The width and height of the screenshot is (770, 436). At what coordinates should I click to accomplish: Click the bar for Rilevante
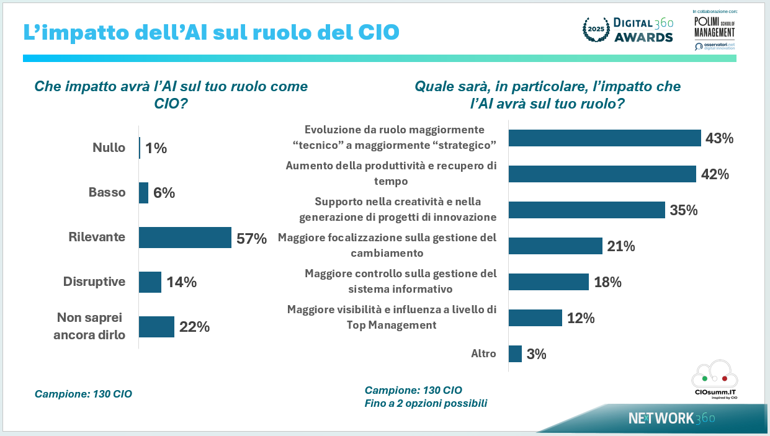(x=185, y=238)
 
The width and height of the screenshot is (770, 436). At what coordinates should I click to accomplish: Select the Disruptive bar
(x=150, y=282)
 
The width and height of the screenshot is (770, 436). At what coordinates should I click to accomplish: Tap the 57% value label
(x=251, y=238)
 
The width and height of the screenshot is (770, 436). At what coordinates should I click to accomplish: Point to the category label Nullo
(x=109, y=148)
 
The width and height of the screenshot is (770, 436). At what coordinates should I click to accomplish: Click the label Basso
(x=107, y=192)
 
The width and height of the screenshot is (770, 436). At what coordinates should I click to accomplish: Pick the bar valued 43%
(x=604, y=138)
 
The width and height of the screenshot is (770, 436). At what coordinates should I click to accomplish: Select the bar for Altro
(x=515, y=354)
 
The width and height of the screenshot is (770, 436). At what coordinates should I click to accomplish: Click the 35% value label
(x=684, y=210)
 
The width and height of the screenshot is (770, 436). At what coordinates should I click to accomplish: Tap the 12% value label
(x=581, y=318)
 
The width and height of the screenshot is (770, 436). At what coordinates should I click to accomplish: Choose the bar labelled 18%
(x=548, y=282)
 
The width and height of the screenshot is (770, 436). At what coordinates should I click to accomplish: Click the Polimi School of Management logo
(x=714, y=28)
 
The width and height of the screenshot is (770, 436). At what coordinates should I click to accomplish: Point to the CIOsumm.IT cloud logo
(x=714, y=378)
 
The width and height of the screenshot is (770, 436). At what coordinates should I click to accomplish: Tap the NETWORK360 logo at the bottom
(x=672, y=418)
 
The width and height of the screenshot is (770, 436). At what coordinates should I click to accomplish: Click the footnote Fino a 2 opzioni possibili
(x=426, y=403)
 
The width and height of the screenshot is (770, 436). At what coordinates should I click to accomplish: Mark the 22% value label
(x=194, y=327)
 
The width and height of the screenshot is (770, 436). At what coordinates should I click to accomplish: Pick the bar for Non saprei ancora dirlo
(x=156, y=327)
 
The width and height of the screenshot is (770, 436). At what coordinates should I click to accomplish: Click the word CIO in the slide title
(x=378, y=32)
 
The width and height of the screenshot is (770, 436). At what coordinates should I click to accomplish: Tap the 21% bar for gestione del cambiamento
(x=555, y=246)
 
